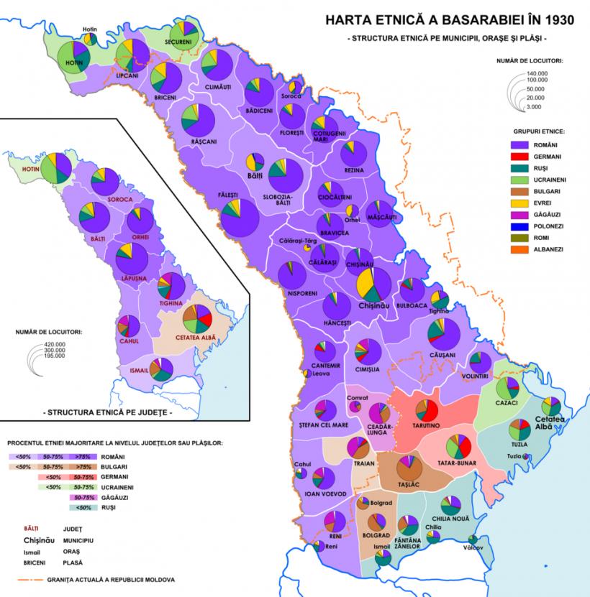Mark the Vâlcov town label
[x=473, y=549]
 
